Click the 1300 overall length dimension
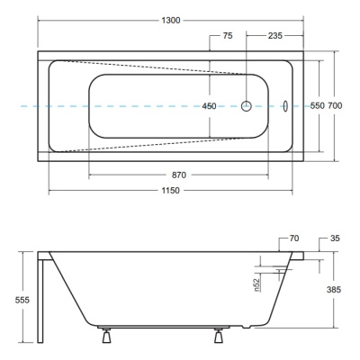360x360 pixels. tap(171, 21)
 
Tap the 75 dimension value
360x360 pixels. tap(228, 36)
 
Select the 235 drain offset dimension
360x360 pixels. tap(275, 36)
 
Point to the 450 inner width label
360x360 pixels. tap(209, 106)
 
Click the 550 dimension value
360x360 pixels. tap(318, 105)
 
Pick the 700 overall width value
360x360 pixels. tap(335, 105)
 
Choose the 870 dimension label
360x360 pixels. tap(179, 175)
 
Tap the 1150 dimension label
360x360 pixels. tap(171, 191)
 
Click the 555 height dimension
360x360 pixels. tap(22, 300)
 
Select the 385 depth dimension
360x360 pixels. tap(334, 290)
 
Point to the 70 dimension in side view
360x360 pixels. tap(294, 238)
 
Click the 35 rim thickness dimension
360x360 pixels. tap(335, 238)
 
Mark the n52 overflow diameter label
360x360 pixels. tap(256, 285)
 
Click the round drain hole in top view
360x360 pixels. tap(247, 105)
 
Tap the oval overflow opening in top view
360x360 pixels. tap(285, 106)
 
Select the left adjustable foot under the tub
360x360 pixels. tap(106, 336)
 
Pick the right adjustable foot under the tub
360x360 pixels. tap(219, 336)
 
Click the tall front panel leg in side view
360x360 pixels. tap(40, 297)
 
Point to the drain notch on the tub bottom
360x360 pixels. tap(246, 327)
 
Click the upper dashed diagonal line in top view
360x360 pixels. tap(151, 67)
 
